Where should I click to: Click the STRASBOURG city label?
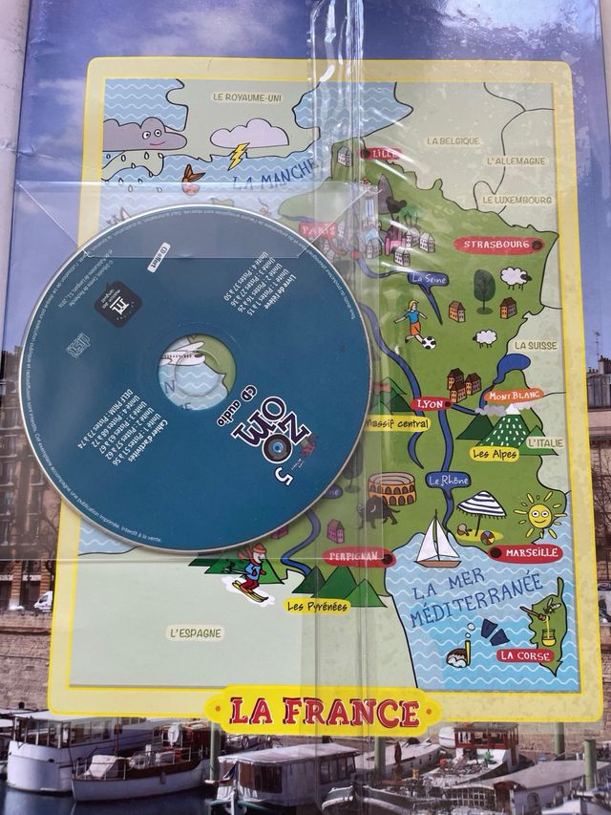pos(494,245)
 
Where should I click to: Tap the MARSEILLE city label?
pos(525,553)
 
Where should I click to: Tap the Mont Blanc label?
pos(513,395)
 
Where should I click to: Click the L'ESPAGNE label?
pos(195,633)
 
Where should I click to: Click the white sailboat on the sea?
pos(438,543)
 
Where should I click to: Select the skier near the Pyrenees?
pos(250,571)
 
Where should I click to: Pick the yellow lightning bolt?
pos(238,155)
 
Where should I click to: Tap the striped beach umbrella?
pos(482,505)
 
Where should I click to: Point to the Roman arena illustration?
pos(391,489)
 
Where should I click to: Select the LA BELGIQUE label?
pos(452,141)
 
